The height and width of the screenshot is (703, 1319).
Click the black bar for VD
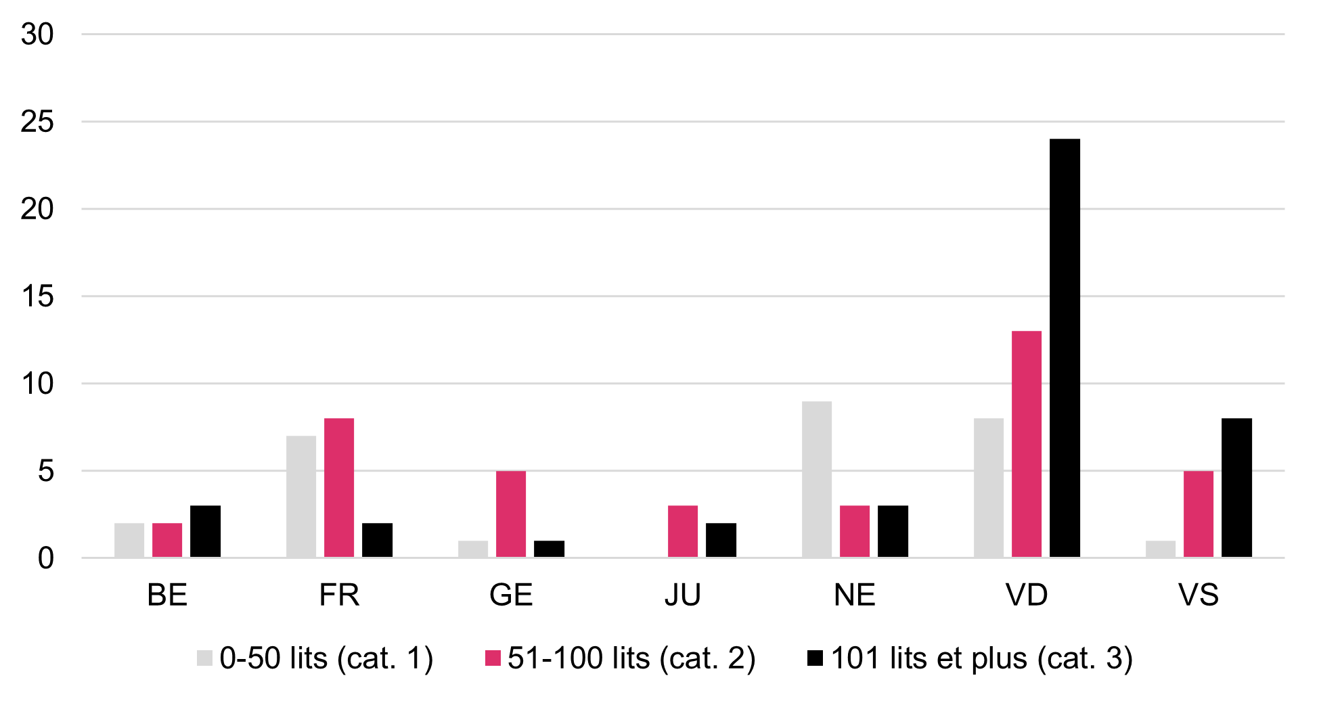click(x=1065, y=348)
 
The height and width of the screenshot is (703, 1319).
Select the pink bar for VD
click(x=1026, y=444)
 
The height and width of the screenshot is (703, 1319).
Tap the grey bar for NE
click(x=816, y=479)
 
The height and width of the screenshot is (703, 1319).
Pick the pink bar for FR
click(x=338, y=488)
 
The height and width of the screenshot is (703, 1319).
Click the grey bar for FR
click(x=300, y=497)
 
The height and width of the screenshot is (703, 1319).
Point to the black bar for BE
click(x=205, y=531)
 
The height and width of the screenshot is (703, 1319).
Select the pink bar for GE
click(x=510, y=514)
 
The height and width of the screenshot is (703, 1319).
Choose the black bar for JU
click(x=721, y=540)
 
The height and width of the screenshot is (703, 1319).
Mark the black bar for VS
click(x=1236, y=488)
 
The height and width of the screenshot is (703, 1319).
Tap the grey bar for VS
click(x=1160, y=549)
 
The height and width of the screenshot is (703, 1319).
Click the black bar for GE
click(x=549, y=549)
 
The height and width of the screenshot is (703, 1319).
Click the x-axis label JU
click(x=682, y=595)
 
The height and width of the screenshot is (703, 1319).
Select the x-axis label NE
click(x=854, y=595)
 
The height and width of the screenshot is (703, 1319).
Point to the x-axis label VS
click(x=1198, y=595)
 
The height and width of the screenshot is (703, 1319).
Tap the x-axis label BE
click(x=167, y=595)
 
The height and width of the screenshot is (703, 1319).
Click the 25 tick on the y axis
click(x=37, y=122)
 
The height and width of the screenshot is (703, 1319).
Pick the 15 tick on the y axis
click(x=37, y=296)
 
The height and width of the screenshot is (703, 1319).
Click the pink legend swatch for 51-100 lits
click(x=493, y=658)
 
